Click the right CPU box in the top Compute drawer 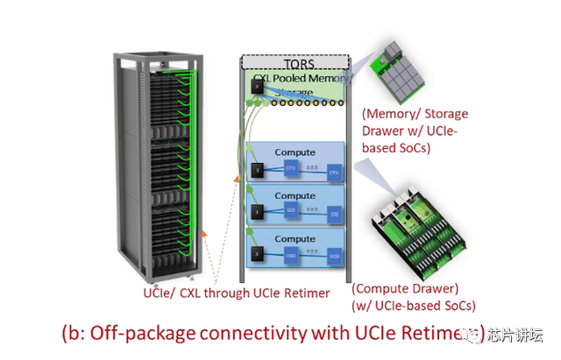tap(333, 173)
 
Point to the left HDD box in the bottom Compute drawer tap(291, 257)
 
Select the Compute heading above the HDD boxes tap(295, 237)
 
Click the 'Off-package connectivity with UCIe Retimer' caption tap(272, 333)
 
